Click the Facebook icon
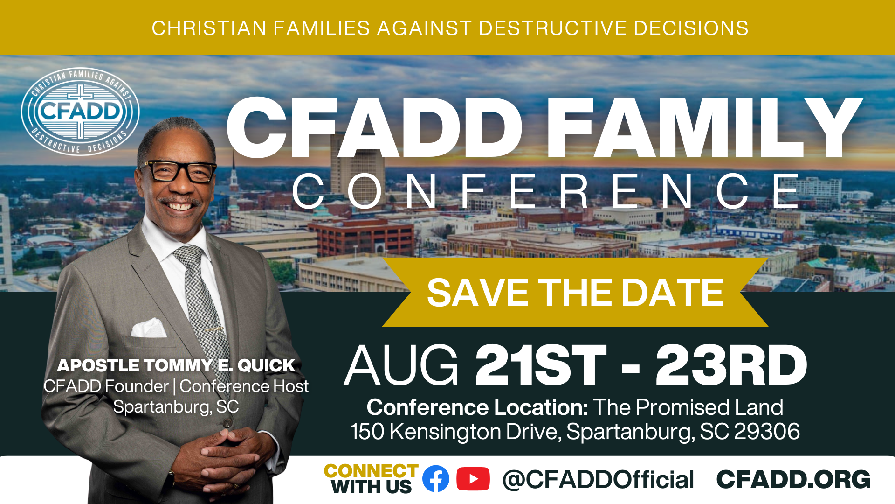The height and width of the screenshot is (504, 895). pyautogui.click(x=436, y=479)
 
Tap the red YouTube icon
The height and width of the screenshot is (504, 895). pyautogui.click(x=473, y=479)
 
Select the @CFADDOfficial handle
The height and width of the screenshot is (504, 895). pyautogui.click(x=598, y=480)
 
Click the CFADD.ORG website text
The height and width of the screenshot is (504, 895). pyautogui.click(x=793, y=480)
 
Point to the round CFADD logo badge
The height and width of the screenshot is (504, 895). pyautogui.click(x=80, y=112)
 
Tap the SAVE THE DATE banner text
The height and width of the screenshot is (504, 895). pyautogui.click(x=575, y=293)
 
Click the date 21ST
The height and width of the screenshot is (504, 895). pyautogui.click(x=541, y=365)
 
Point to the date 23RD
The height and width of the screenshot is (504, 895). pyautogui.click(x=731, y=365)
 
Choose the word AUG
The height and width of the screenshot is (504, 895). pyautogui.click(x=402, y=365)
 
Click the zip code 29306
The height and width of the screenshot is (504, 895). pyautogui.click(x=767, y=431)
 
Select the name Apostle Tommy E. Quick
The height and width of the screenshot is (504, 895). pyautogui.click(x=176, y=365)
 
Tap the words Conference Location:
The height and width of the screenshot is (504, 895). pyautogui.click(x=477, y=407)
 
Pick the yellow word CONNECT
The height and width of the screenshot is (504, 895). pyautogui.click(x=371, y=471)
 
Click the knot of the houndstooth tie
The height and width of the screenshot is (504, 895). pyautogui.click(x=189, y=256)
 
